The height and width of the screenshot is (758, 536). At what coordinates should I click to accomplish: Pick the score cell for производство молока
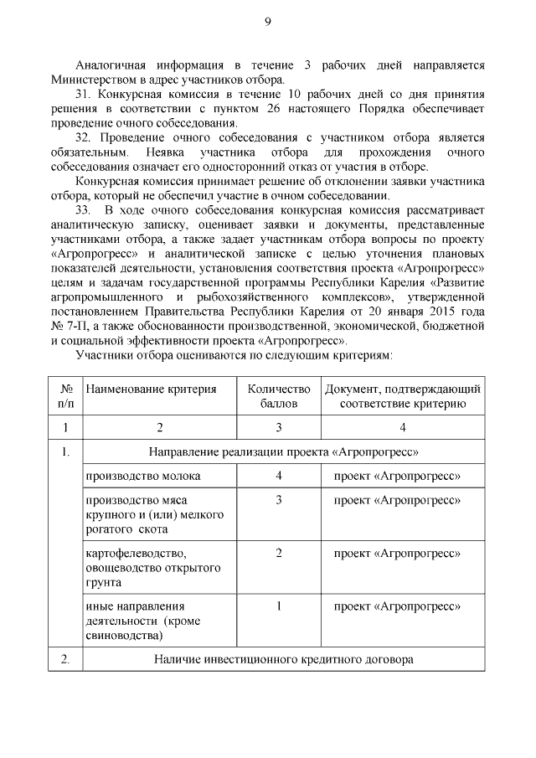click(278, 476)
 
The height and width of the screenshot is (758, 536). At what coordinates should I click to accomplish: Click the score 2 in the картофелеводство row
click(278, 553)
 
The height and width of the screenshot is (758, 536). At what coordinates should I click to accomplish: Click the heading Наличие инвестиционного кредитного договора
click(284, 659)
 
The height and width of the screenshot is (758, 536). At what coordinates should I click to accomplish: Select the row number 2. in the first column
click(65, 659)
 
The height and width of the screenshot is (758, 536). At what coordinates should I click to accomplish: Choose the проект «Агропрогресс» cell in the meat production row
click(399, 500)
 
